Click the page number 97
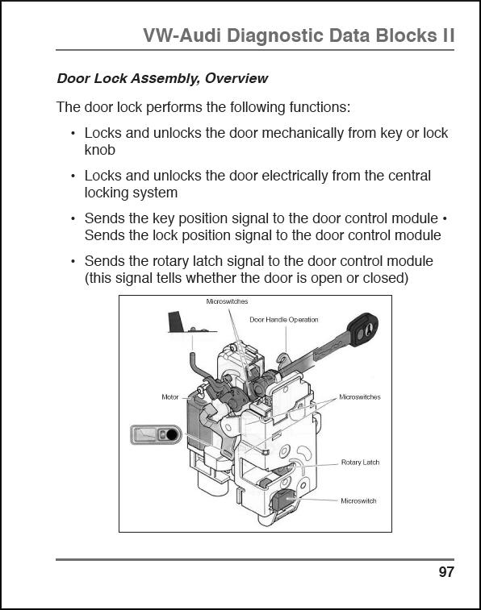pyautogui.click(x=446, y=572)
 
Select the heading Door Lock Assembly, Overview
pyautogui.click(x=162, y=78)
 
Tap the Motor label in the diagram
pyautogui.click(x=169, y=397)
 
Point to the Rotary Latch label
pyautogui.click(x=360, y=463)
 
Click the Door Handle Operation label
pyautogui.click(x=284, y=320)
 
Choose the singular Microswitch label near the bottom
pyautogui.click(x=358, y=500)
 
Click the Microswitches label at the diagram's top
pyautogui.click(x=227, y=301)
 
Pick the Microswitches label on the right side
pyautogui.click(x=360, y=397)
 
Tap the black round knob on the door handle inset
pyautogui.click(x=172, y=434)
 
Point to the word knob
pyautogui.click(x=100, y=150)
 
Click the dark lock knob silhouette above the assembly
pyautogui.click(x=176, y=322)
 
